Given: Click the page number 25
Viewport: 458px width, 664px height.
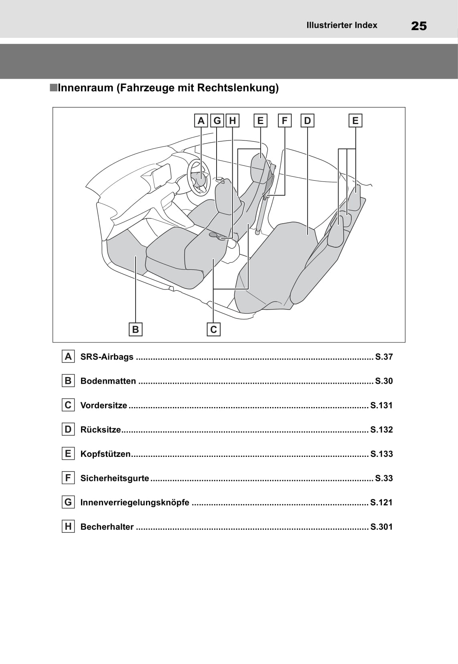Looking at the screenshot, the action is coord(419,26).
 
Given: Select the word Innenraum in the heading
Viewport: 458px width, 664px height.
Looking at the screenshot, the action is coord(85,88).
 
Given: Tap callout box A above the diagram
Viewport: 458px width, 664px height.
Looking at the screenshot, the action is coord(201,121).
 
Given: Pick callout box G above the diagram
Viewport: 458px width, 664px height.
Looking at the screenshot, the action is coord(217,121).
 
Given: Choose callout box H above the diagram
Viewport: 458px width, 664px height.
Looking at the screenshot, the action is coord(232,121).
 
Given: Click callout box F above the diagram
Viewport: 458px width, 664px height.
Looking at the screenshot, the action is coord(284,121).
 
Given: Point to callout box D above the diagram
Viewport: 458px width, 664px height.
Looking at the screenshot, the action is coord(307,121).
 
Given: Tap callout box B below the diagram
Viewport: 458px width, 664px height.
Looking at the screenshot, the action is coord(136,329).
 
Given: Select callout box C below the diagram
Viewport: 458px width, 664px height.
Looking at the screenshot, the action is coord(213,329).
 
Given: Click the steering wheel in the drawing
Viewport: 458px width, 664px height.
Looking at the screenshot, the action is coord(199,177).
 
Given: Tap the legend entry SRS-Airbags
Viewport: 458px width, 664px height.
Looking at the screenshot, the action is coord(107,356).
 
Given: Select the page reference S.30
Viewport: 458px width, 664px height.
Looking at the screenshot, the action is coord(384,381).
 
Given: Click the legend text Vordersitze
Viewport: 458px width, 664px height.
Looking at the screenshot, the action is coord(103,405).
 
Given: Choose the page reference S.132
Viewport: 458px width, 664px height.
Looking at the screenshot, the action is coord(381,430).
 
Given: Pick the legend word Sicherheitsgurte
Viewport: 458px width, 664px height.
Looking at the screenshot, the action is coord(115,478).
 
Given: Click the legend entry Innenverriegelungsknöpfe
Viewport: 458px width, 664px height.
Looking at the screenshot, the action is coord(135,503).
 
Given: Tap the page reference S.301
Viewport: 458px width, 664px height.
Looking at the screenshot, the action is coord(381,527).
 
